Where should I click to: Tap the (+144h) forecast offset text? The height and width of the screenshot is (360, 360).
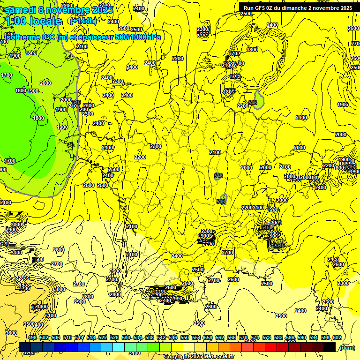pyautogui.click(x=83, y=21)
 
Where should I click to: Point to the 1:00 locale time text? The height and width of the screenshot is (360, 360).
pyautogui.click(x=33, y=21)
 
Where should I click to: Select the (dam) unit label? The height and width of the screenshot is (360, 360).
pyautogui.click(x=346, y=347)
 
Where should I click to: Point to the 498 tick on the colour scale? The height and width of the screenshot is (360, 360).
pyautogui.click(x=32, y=338)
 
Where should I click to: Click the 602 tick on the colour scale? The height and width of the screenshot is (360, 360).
pyautogui.click(x=337, y=338)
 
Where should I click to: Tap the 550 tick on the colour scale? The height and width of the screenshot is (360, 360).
pyautogui.click(x=184, y=338)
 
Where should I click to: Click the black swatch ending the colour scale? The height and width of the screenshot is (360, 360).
pyautogui.click(x=330, y=347)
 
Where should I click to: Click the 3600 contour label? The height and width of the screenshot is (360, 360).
pyautogui.click(x=11, y=333)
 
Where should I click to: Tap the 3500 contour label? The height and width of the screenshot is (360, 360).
pyautogui.click(x=29, y=324)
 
